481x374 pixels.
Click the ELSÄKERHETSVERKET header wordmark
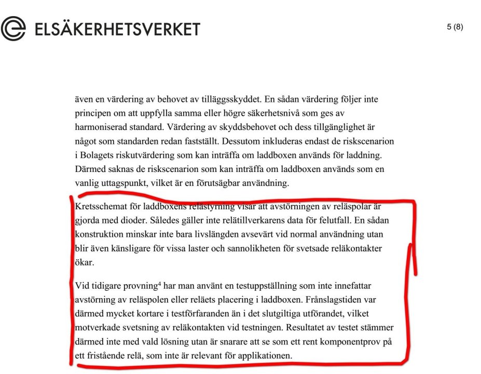tap(117, 29)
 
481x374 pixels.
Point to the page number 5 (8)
tap(455, 27)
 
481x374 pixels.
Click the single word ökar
tap(85, 262)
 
